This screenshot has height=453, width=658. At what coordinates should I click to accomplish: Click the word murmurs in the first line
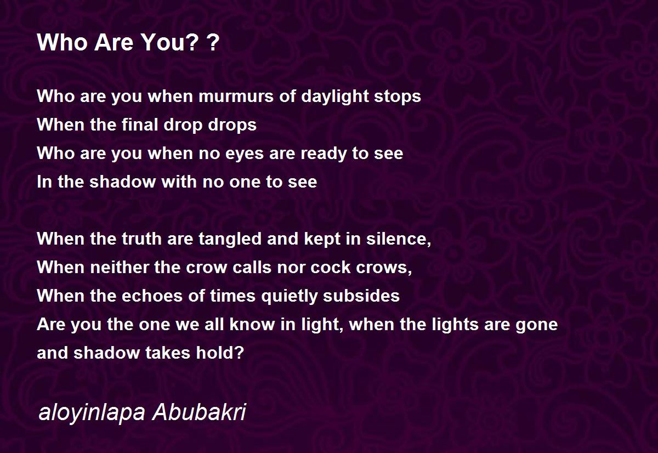236,97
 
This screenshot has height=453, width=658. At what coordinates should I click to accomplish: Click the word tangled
230,239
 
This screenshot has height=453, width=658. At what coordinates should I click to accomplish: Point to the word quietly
289,296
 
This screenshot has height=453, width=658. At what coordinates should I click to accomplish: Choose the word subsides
361,296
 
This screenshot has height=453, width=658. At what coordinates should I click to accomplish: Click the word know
252,324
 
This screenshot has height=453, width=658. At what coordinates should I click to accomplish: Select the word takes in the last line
168,353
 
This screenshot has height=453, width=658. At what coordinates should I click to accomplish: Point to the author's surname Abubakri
199,412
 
